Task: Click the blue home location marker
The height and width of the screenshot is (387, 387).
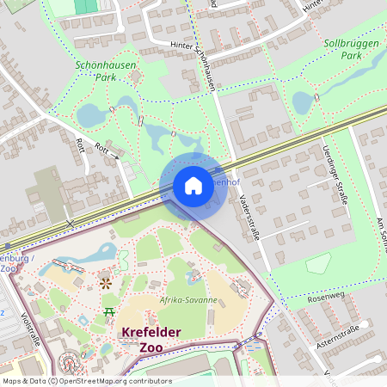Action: [x=193, y=186]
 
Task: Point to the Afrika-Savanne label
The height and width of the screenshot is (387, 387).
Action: [x=187, y=300]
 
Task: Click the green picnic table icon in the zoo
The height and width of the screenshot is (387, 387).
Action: [x=109, y=310]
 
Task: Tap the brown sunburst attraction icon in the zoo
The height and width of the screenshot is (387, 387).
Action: [x=105, y=280]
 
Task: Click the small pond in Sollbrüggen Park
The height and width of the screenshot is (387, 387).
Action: [x=303, y=103]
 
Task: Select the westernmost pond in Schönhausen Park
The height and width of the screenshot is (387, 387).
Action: [x=89, y=114]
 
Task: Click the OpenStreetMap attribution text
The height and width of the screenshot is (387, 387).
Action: [x=87, y=380]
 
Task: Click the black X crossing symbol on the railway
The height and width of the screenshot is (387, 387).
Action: [x=71, y=223]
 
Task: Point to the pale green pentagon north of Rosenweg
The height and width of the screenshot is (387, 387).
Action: [x=318, y=262]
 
